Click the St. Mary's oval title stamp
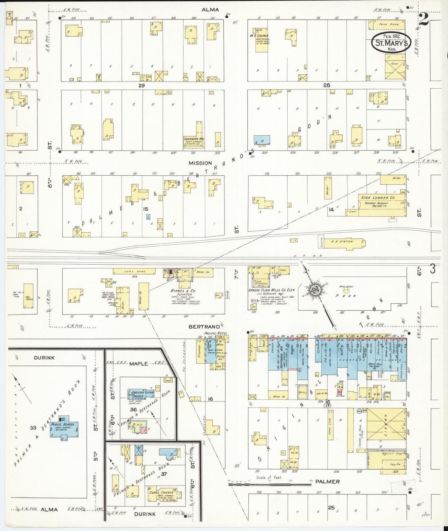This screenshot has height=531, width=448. pyautogui.click(x=391, y=43)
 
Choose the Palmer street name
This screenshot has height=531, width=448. pyautogui.click(x=327, y=481)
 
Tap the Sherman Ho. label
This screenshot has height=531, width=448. pyautogui.click(x=193, y=139)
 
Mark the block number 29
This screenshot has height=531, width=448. pyautogui.click(x=142, y=85)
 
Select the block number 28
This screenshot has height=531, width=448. pyautogui.click(x=326, y=85)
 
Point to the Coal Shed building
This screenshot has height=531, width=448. pyautogui.click(x=134, y=271)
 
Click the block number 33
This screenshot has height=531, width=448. pyautogui.click(x=33, y=428)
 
